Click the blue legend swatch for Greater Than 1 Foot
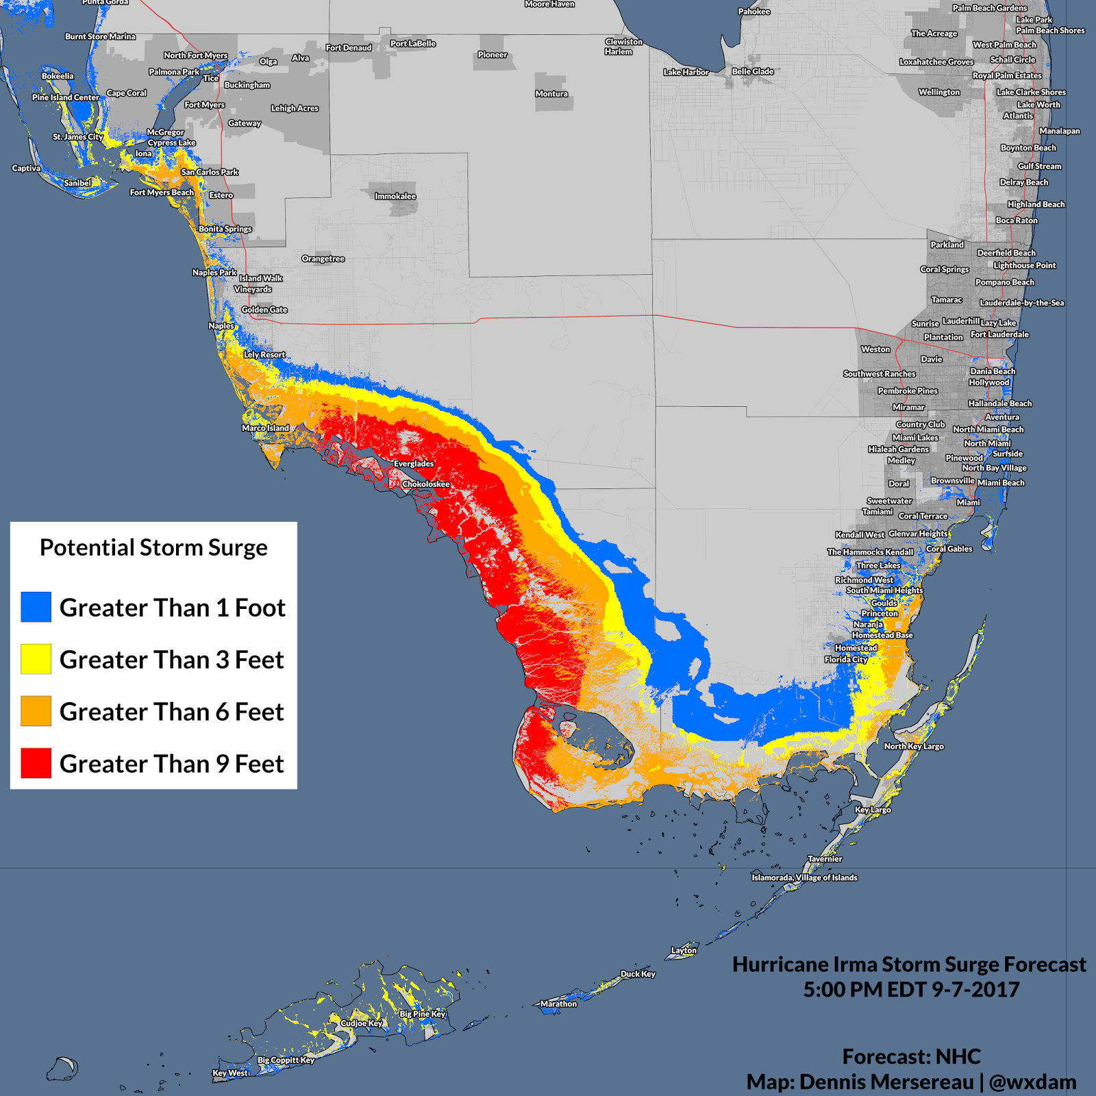coord(36,607)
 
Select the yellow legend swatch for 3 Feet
coord(36,659)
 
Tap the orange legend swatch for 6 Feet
coord(36,711)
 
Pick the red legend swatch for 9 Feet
coord(36,763)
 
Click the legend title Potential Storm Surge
coord(153,547)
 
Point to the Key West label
coord(230,1073)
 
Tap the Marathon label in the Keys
coord(558,1004)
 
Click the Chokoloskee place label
coord(426,484)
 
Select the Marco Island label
coord(265,428)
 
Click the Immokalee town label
coord(395,196)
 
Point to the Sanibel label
coord(77,183)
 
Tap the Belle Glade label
coord(752,71)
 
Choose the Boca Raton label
coord(1017,221)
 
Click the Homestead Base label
coord(882,635)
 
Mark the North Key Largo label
coord(913,746)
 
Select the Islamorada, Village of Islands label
coord(804,877)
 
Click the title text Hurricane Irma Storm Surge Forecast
coord(909,964)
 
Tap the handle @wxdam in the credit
coord(1032,1082)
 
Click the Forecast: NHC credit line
coord(911,1056)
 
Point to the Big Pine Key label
coord(423,1014)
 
